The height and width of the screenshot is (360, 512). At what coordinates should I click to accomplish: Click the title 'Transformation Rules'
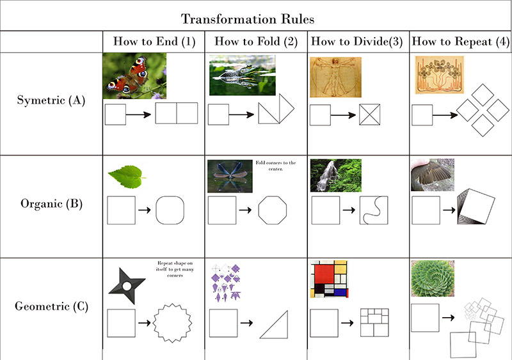248,19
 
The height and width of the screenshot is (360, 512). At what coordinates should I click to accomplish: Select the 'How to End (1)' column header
154,42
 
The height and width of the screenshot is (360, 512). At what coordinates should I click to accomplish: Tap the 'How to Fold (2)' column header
256,42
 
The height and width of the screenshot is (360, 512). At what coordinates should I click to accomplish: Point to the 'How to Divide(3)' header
356,42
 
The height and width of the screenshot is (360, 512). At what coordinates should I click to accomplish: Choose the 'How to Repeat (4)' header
460,42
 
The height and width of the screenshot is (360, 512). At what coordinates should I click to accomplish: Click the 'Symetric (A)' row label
51,100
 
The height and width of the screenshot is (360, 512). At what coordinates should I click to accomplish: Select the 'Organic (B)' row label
52,204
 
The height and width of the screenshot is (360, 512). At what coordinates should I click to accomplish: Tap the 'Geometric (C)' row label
52,306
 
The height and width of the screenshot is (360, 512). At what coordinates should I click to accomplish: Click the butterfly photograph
134,76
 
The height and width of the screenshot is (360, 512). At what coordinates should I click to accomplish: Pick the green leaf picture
126,176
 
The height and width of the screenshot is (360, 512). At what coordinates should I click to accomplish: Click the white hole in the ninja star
127,286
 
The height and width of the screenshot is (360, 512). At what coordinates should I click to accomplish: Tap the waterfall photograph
335,175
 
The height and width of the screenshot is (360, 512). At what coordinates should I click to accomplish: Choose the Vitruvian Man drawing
335,77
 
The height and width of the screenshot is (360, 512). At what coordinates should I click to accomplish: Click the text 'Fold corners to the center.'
276,166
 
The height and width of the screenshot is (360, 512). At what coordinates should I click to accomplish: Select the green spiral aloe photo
433,278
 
